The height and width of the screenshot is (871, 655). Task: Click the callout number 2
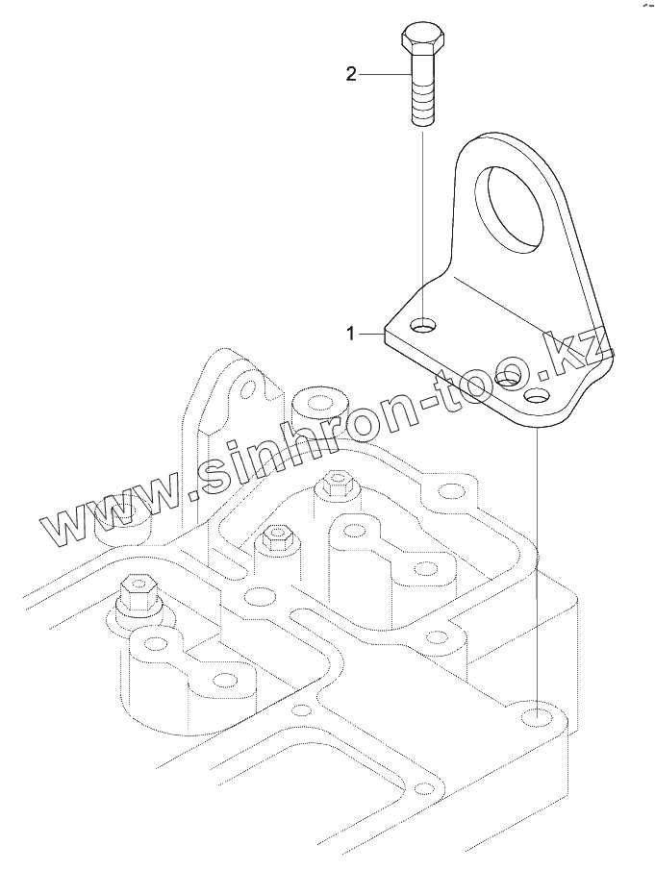[x=351, y=74]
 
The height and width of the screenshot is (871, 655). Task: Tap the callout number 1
[x=352, y=334]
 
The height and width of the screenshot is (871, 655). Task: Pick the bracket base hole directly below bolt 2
[x=423, y=328]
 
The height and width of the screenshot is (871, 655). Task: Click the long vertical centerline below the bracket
[x=536, y=558]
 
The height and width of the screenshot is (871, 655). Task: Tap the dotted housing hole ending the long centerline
[x=536, y=717]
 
